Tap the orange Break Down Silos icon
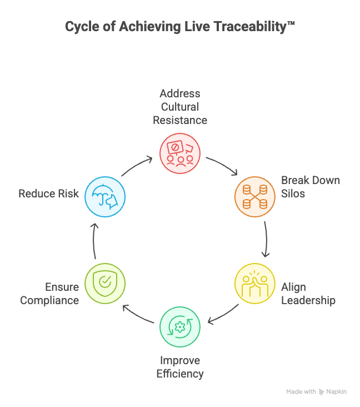tap(254, 196)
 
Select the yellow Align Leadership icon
tap(254, 282)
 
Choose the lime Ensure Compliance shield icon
tap(105, 283)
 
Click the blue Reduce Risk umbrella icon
tap(105, 196)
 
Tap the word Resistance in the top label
tap(180, 120)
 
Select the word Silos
tap(293, 193)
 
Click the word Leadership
tap(308, 300)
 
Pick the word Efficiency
tap(180, 374)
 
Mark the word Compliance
tap(50, 300)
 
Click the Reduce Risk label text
tap(49, 193)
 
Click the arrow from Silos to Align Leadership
tap(266, 239)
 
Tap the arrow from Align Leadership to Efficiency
tap(223, 315)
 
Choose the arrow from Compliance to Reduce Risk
tap(94, 240)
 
